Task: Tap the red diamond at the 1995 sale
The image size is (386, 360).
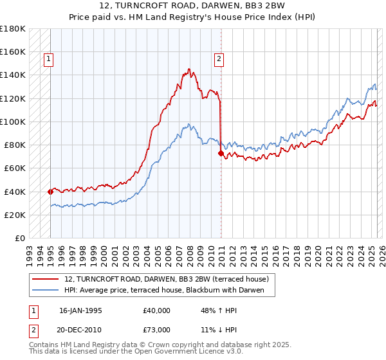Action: click(x=50, y=191)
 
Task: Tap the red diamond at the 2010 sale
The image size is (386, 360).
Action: click(x=221, y=153)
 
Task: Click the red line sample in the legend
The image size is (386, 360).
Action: click(x=46, y=280)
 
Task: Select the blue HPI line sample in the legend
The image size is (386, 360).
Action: click(x=46, y=291)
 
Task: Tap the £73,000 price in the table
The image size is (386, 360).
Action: click(x=156, y=329)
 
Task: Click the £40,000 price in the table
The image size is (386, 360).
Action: click(x=156, y=310)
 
